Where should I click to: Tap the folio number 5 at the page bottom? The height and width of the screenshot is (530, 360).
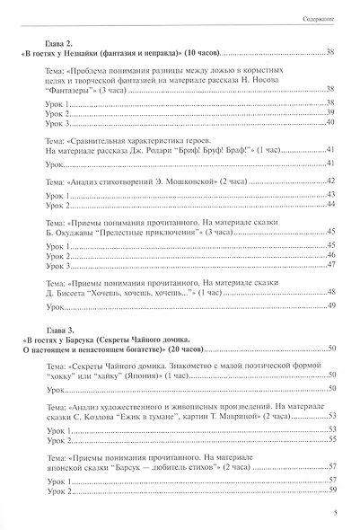point(333,513)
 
